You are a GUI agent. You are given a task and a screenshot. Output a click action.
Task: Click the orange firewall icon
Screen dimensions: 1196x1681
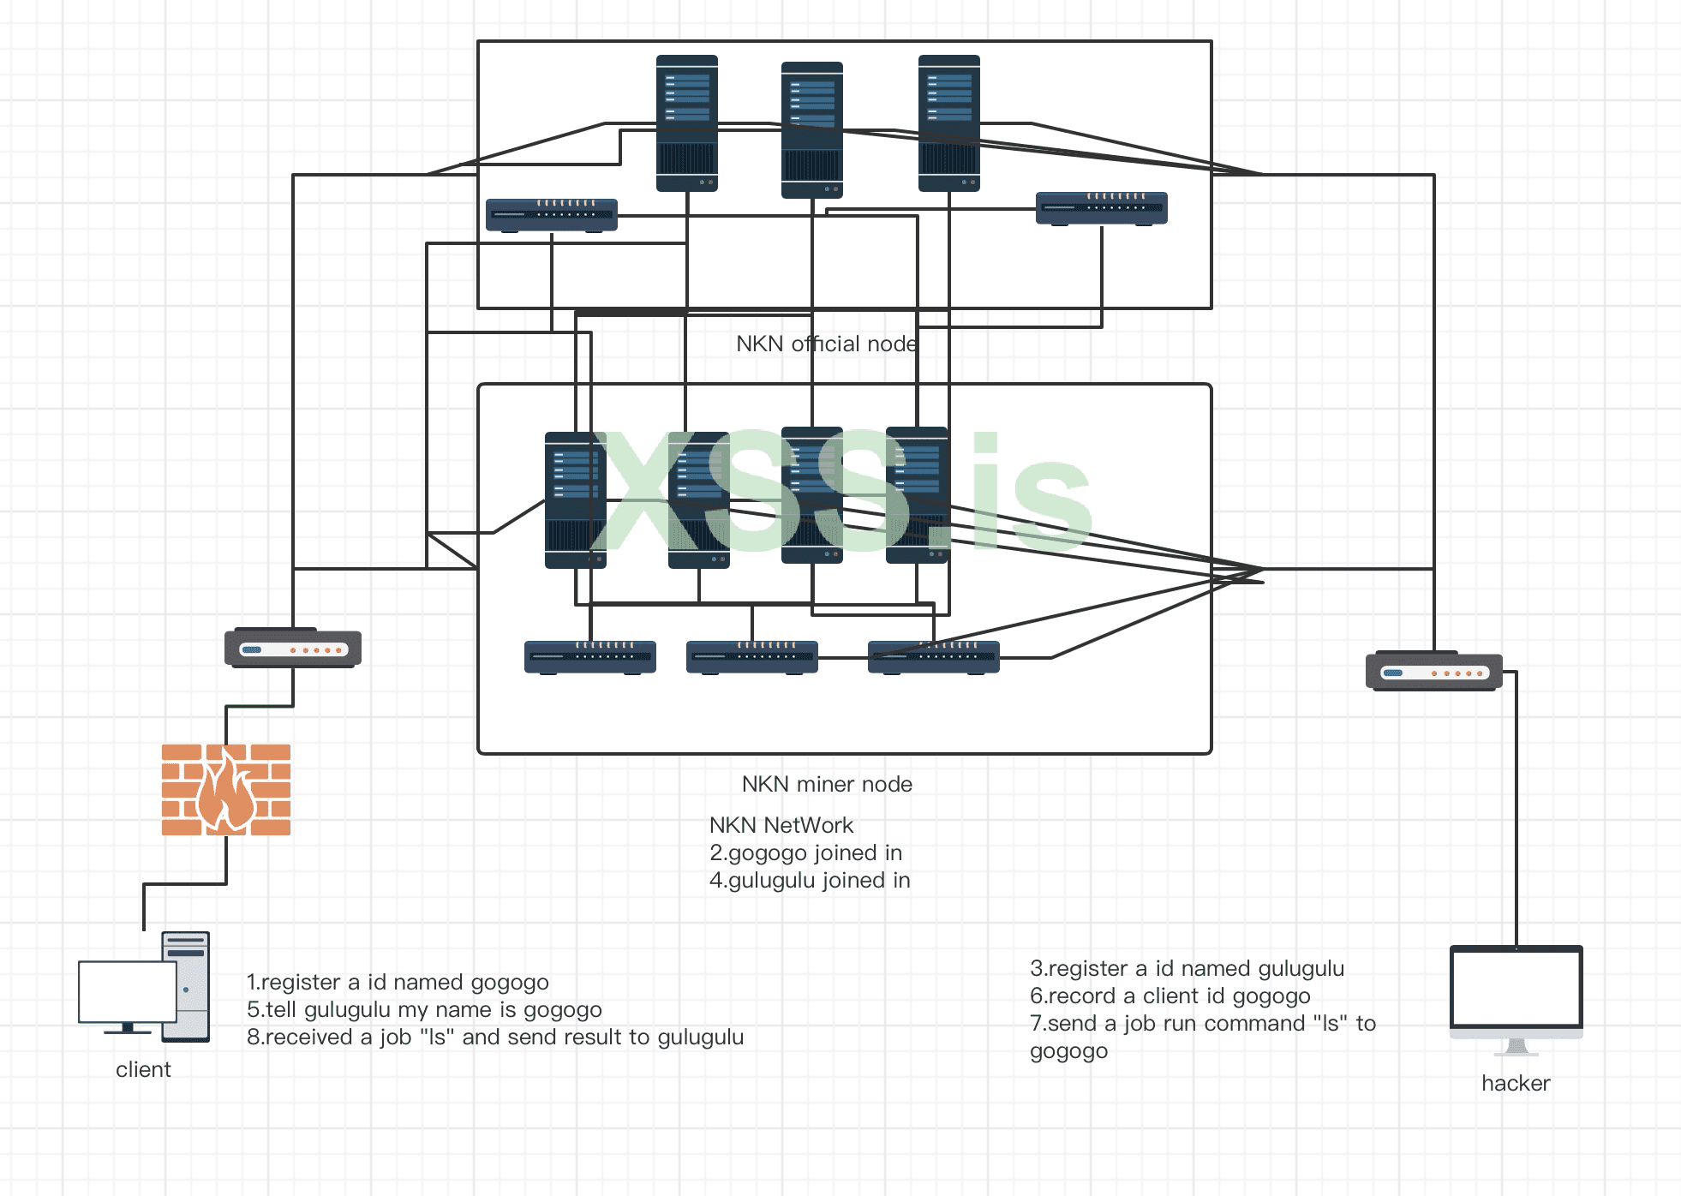[226, 789]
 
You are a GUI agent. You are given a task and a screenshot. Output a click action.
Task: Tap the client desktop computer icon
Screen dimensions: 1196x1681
[144, 987]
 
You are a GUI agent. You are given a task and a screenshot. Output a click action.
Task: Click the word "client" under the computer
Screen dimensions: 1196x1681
[143, 1069]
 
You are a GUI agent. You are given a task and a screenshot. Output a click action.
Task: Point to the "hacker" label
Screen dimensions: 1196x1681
[1516, 1083]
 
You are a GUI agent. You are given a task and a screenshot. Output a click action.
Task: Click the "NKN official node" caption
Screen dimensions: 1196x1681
[827, 344]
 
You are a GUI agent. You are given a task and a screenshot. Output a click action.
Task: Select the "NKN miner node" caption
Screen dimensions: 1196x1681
[827, 784]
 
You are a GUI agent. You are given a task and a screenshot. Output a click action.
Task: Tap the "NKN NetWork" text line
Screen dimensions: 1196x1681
[781, 825]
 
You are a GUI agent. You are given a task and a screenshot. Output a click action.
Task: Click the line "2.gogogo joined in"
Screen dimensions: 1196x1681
[805, 852]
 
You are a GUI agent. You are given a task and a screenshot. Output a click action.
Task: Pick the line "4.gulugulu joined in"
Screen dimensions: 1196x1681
[810, 880]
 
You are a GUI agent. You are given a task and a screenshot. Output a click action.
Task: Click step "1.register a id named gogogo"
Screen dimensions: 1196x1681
[398, 982]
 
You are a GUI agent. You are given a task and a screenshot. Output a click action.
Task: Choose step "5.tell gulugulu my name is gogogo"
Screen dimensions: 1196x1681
[424, 1009]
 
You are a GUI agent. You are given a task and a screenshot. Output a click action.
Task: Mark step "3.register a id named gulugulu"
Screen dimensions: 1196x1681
[1187, 968]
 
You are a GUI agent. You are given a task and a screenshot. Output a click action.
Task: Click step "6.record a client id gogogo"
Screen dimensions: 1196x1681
[1170, 996]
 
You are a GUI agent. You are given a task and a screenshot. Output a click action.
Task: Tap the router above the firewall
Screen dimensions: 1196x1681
[293, 649]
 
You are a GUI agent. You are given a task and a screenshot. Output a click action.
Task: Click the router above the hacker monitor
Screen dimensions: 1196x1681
[1433, 672]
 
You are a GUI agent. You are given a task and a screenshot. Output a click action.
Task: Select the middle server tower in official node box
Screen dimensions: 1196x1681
[812, 129]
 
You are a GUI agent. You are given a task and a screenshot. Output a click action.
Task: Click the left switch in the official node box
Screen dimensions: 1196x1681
[552, 215]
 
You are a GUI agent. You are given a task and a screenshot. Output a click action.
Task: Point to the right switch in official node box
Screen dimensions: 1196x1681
[1101, 208]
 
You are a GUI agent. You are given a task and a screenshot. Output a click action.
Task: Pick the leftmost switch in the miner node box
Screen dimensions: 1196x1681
[590, 657]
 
